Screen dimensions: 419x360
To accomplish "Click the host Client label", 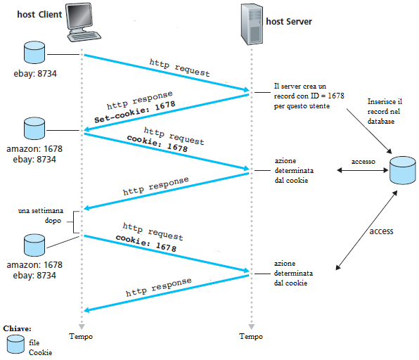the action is [39, 14].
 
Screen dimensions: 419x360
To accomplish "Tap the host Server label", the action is [289, 21].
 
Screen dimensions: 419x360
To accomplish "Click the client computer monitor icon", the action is [83, 22].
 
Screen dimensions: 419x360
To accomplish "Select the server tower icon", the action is [252, 24].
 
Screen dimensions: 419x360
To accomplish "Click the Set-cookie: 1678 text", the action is [135, 112].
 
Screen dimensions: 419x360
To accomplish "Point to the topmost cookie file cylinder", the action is [34, 53].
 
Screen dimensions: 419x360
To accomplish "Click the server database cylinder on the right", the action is [402, 170].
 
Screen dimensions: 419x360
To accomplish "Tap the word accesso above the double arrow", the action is [363, 162].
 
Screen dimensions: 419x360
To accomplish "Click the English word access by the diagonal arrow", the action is [381, 231].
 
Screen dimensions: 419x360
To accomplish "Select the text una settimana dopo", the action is [41, 216].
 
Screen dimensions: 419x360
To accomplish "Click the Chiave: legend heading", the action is [17, 328].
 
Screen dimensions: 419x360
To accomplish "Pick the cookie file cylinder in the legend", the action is [15, 345].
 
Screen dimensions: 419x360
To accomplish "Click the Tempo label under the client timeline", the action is [81, 336].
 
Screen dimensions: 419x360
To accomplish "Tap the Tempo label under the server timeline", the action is [251, 336].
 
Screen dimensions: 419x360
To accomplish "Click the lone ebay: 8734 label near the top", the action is [35, 74].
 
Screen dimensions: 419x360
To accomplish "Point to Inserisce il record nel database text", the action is [385, 112].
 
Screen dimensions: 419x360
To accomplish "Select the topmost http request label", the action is [179, 67].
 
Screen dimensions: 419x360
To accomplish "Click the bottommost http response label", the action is [159, 288].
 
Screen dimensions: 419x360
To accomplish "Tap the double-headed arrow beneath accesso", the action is [362, 170].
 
